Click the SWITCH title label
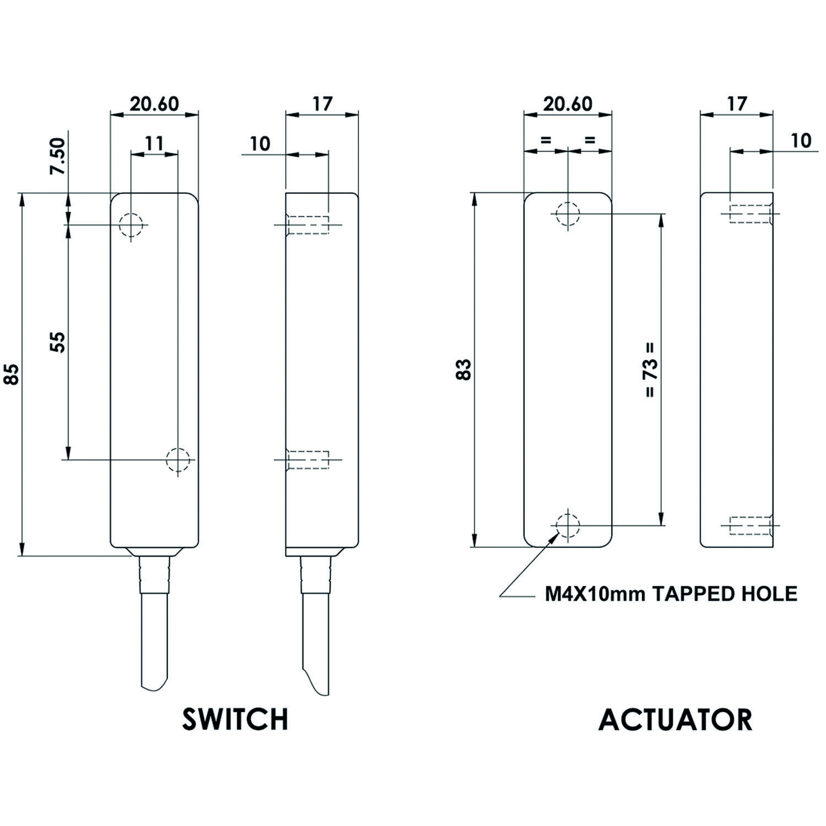[235, 719]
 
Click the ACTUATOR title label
[675, 719]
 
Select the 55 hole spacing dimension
[58, 342]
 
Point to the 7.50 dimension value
[58, 156]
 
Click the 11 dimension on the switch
[154, 143]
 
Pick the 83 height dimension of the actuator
[464, 369]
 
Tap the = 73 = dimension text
[650, 370]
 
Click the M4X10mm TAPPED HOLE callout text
[671, 594]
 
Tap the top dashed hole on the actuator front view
[568, 214]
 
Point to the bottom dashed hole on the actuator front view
[568, 525]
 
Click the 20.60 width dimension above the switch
[154, 104]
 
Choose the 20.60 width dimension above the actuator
[568, 104]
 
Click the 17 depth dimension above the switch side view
[322, 104]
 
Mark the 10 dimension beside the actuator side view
[801, 141]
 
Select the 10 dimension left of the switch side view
[260, 144]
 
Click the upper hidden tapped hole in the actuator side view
[751, 214]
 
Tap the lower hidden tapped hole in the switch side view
[308, 459]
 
